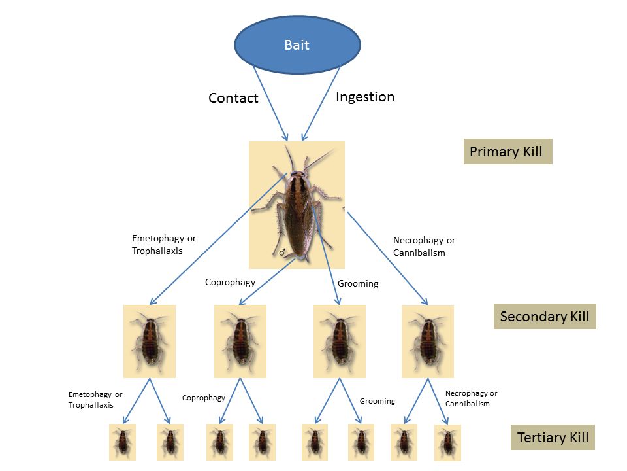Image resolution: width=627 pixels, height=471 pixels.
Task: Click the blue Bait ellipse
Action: click(297, 44)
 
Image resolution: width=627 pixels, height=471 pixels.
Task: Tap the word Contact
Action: click(233, 98)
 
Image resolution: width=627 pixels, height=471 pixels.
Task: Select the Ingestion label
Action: click(365, 97)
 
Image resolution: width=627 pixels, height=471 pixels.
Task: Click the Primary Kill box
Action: click(507, 152)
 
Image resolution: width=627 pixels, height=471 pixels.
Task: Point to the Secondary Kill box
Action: click(544, 317)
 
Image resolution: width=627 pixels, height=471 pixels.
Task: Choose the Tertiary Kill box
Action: click(553, 438)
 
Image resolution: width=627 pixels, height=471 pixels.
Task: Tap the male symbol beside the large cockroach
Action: click(283, 252)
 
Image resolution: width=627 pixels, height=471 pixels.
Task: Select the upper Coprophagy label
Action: click(230, 283)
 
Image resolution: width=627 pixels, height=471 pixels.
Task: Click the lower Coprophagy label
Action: click(203, 398)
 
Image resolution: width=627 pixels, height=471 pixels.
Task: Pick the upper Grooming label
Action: click(358, 284)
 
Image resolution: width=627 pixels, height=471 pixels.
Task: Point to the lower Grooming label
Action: click(377, 401)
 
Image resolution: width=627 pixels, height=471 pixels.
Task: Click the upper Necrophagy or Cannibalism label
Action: click(424, 246)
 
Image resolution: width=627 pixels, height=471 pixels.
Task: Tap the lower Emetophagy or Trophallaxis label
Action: click(95, 400)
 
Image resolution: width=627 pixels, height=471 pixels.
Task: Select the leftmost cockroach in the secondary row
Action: click(150, 341)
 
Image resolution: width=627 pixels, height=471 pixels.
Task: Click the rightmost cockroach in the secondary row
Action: click(427, 341)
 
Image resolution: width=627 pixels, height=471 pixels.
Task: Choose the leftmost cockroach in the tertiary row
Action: click(122, 442)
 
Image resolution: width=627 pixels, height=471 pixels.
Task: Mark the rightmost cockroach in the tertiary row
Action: click(447, 442)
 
